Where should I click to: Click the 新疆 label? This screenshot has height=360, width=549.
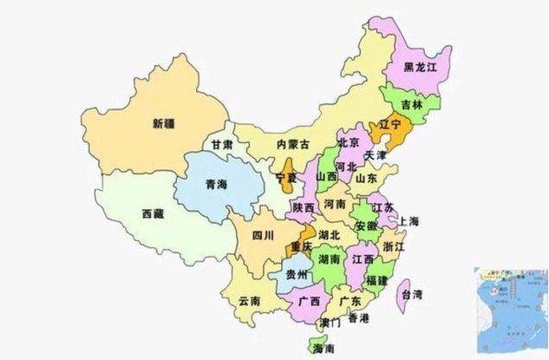162,123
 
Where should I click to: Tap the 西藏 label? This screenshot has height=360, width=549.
153,213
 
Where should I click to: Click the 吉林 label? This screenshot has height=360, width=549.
412,104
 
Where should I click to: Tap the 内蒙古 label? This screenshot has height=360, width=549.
293,145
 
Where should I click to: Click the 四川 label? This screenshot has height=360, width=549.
262,234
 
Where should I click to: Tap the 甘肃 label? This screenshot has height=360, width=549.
222,144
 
